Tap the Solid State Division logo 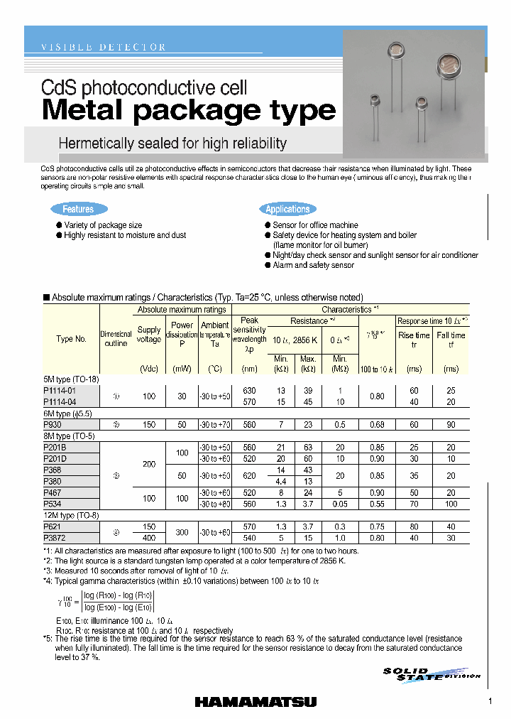[431, 674]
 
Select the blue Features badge [78, 209]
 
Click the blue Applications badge [287, 209]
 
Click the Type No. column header [71, 339]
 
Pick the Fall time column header [451, 340]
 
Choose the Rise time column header [413, 340]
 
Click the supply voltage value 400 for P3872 [149, 538]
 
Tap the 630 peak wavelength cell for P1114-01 [250, 391]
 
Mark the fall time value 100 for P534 [451, 504]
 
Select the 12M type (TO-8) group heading [71, 516]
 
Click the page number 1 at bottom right [490, 702]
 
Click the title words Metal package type [189, 111]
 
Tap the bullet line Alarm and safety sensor [313, 265]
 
